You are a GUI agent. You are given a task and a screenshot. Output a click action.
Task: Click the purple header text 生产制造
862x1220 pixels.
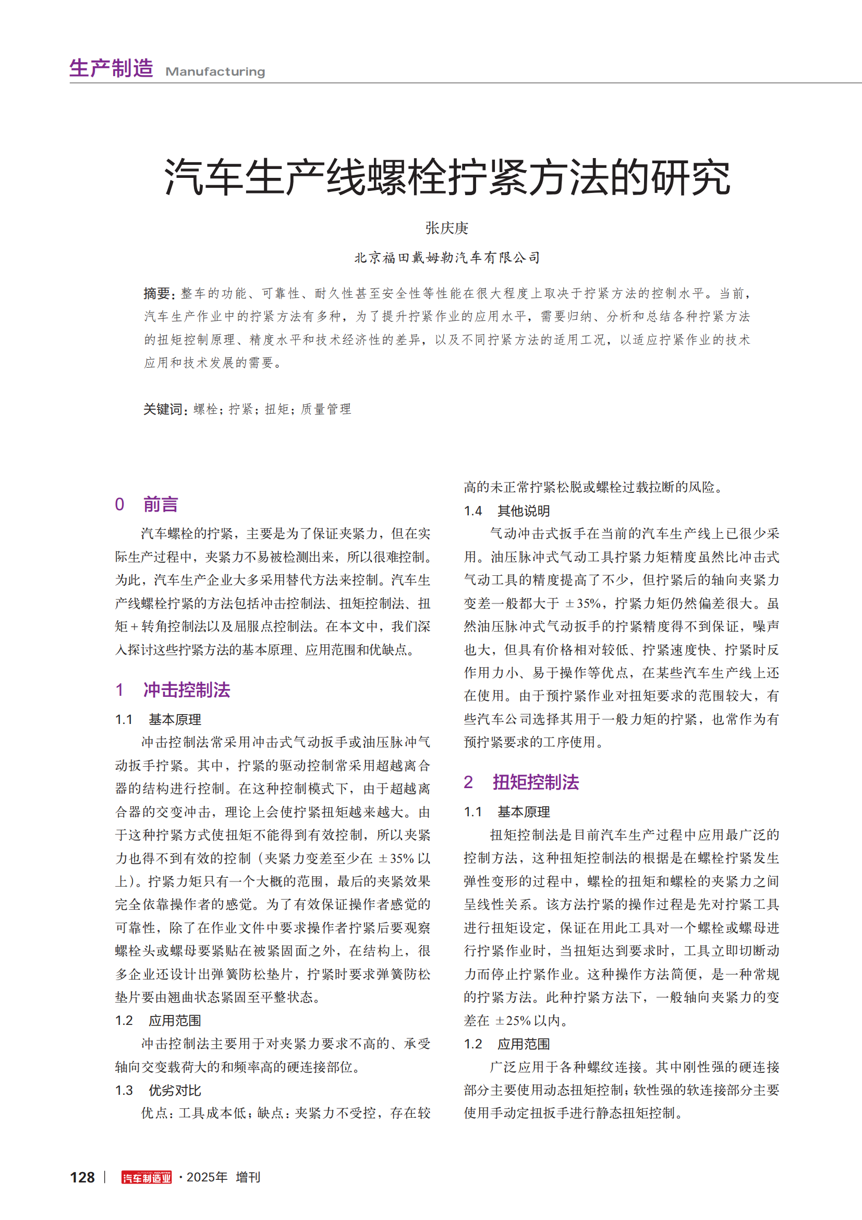tap(111, 68)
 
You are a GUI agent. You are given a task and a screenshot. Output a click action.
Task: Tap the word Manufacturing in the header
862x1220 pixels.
tap(215, 72)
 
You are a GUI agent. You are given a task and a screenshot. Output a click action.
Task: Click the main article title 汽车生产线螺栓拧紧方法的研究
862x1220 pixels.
tap(447, 176)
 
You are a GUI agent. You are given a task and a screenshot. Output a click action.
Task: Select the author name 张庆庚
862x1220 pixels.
tap(447, 228)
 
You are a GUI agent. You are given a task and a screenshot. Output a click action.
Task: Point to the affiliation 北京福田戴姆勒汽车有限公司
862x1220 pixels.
tap(447, 258)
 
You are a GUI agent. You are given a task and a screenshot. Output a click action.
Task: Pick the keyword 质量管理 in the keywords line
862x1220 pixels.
tap(325, 409)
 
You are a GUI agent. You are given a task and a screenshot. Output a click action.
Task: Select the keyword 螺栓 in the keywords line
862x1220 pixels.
tap(206, 409)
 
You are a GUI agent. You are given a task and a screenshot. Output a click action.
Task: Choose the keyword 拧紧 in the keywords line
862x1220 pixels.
tap(241, 409)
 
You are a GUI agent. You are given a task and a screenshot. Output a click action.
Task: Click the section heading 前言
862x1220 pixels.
tap(161, 504)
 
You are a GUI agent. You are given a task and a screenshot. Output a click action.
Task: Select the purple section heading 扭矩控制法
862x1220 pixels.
tap(536, 782)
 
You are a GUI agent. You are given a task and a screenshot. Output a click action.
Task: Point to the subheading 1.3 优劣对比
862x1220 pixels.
tap(159, 1090)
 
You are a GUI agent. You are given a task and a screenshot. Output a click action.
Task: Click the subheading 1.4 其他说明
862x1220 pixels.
tap(507, 511)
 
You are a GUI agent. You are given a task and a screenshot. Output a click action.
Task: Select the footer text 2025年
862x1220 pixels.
tap(207, 1177)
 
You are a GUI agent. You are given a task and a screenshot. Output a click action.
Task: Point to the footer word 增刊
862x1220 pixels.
tap(248, 1177)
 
